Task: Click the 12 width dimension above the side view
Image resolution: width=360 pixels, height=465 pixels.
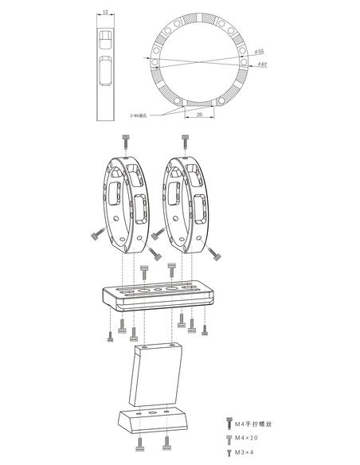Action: click(104, 14)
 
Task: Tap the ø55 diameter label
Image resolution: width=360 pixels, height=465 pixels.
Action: click(260, 51)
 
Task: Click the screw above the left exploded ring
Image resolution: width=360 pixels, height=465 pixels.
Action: click(127, 141)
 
